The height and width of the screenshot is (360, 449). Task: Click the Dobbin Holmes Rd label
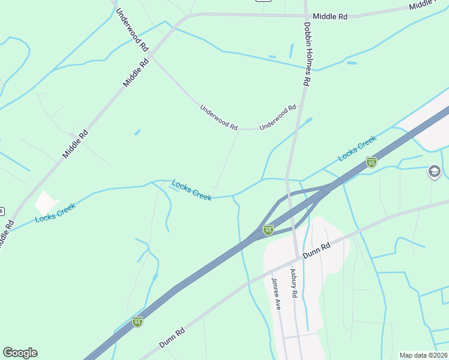(306, 54)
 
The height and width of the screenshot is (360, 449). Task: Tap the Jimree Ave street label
(276, 293)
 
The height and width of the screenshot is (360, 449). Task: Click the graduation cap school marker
(434, 173)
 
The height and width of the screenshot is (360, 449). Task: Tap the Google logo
(20, 353)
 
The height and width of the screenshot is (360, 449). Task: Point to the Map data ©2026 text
(423, 355)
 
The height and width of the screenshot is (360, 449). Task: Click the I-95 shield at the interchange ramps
(268, 230)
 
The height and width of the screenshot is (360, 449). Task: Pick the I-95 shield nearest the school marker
(372, 162)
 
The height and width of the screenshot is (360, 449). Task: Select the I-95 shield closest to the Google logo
(137, 322)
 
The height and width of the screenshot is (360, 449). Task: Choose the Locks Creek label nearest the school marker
(357, 148)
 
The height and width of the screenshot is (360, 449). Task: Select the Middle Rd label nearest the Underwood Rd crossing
(136, 73)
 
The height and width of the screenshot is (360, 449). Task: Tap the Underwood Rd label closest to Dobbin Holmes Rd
(278, 118)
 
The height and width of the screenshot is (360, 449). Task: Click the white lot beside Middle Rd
(46, 203)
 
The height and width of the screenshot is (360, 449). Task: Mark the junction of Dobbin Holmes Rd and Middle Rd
(306, 16)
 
